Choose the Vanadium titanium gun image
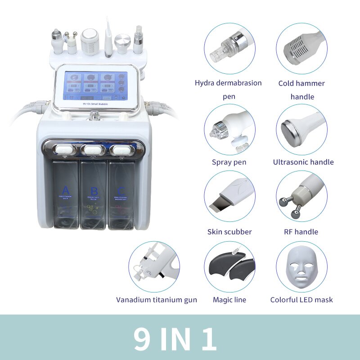(x=154, y=266)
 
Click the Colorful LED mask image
(x=301, y=266)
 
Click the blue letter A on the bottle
(x=66, y=189)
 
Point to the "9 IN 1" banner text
(x=175, y=338)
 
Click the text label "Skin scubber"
(x=229, y=232)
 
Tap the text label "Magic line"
(x=229, y=300)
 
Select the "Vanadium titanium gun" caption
(x=157, y=300)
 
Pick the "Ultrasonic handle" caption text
(x=303, y=162)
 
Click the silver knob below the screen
(x=94, y=116)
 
